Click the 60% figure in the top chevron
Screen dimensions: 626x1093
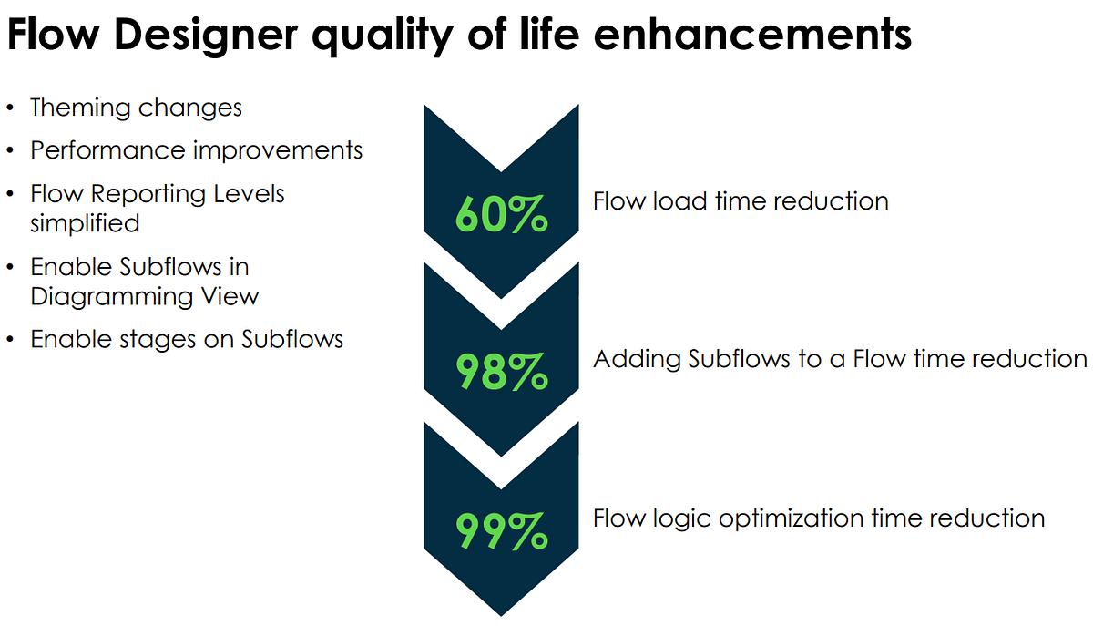click(501, 214)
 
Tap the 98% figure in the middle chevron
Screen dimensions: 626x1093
click(501, 373)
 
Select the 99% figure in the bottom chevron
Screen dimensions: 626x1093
click(501, 531)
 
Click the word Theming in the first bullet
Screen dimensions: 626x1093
click(81, 108)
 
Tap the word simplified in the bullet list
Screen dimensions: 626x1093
click(85, 223)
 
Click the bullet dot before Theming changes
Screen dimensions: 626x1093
click(10, 108)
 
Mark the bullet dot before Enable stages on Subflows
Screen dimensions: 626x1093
click(10, 340)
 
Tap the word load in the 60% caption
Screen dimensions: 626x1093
click(672, 200)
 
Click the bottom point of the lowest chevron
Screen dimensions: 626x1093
click(501, 613)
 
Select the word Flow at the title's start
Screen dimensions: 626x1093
click(46, 36)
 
